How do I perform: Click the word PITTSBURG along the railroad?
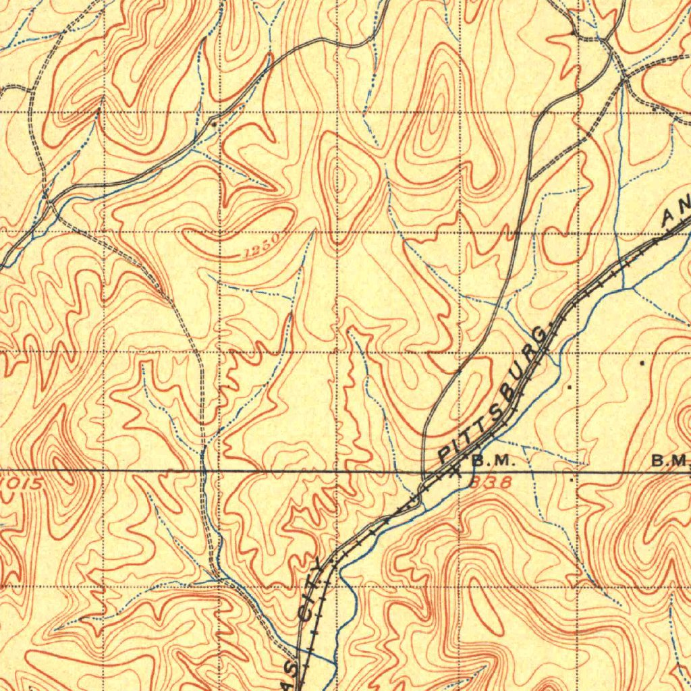(496, 394)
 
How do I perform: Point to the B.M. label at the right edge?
(669, 461)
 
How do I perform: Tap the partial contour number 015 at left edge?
(23, 483)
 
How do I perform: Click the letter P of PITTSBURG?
(446, 454)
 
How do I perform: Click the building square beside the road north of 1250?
(215, 125)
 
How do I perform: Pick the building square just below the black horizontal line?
(573, 480)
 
